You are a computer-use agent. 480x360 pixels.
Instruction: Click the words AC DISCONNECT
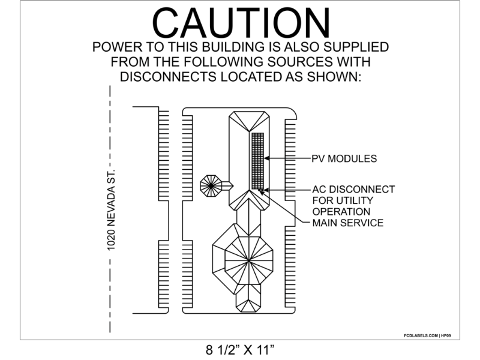tap(354, 190)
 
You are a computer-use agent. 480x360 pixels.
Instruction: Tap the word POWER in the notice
tap(116, 47)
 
